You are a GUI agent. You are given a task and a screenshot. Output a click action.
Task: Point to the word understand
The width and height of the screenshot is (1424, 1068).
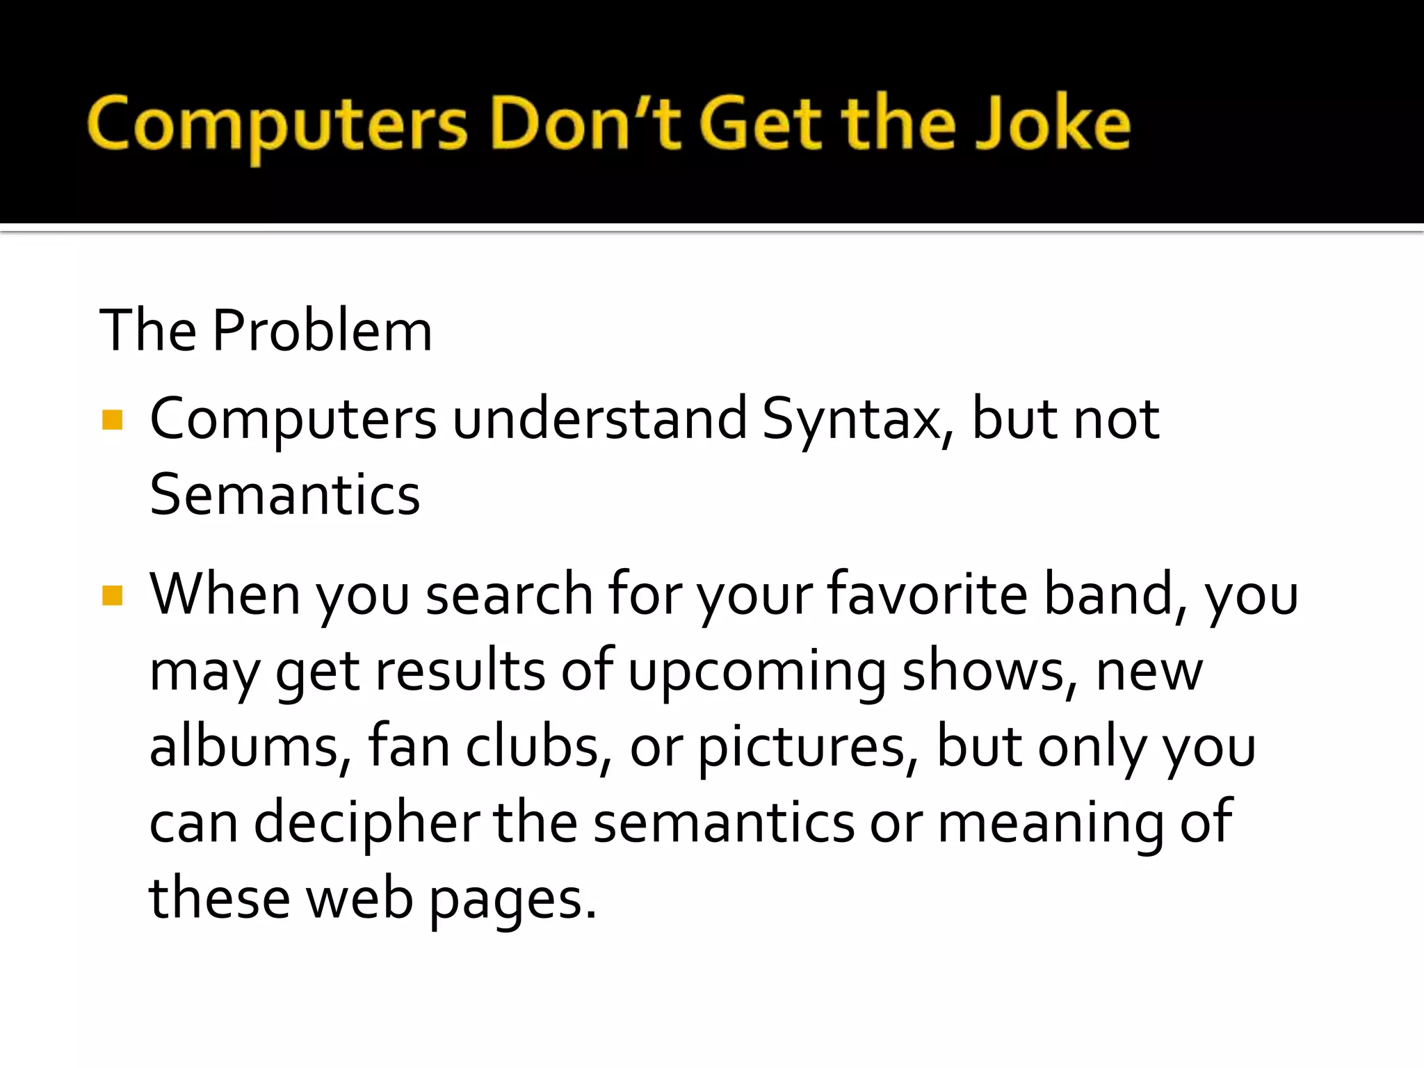tap(599, 419)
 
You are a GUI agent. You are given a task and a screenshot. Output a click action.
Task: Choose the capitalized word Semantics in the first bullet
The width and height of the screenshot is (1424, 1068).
tap(285, 494)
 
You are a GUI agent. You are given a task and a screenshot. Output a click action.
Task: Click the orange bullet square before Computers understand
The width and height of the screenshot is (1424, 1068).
tap(112, 420)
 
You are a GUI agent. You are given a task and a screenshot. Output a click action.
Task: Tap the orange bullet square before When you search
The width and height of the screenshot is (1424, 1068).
tap(112, 595)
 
